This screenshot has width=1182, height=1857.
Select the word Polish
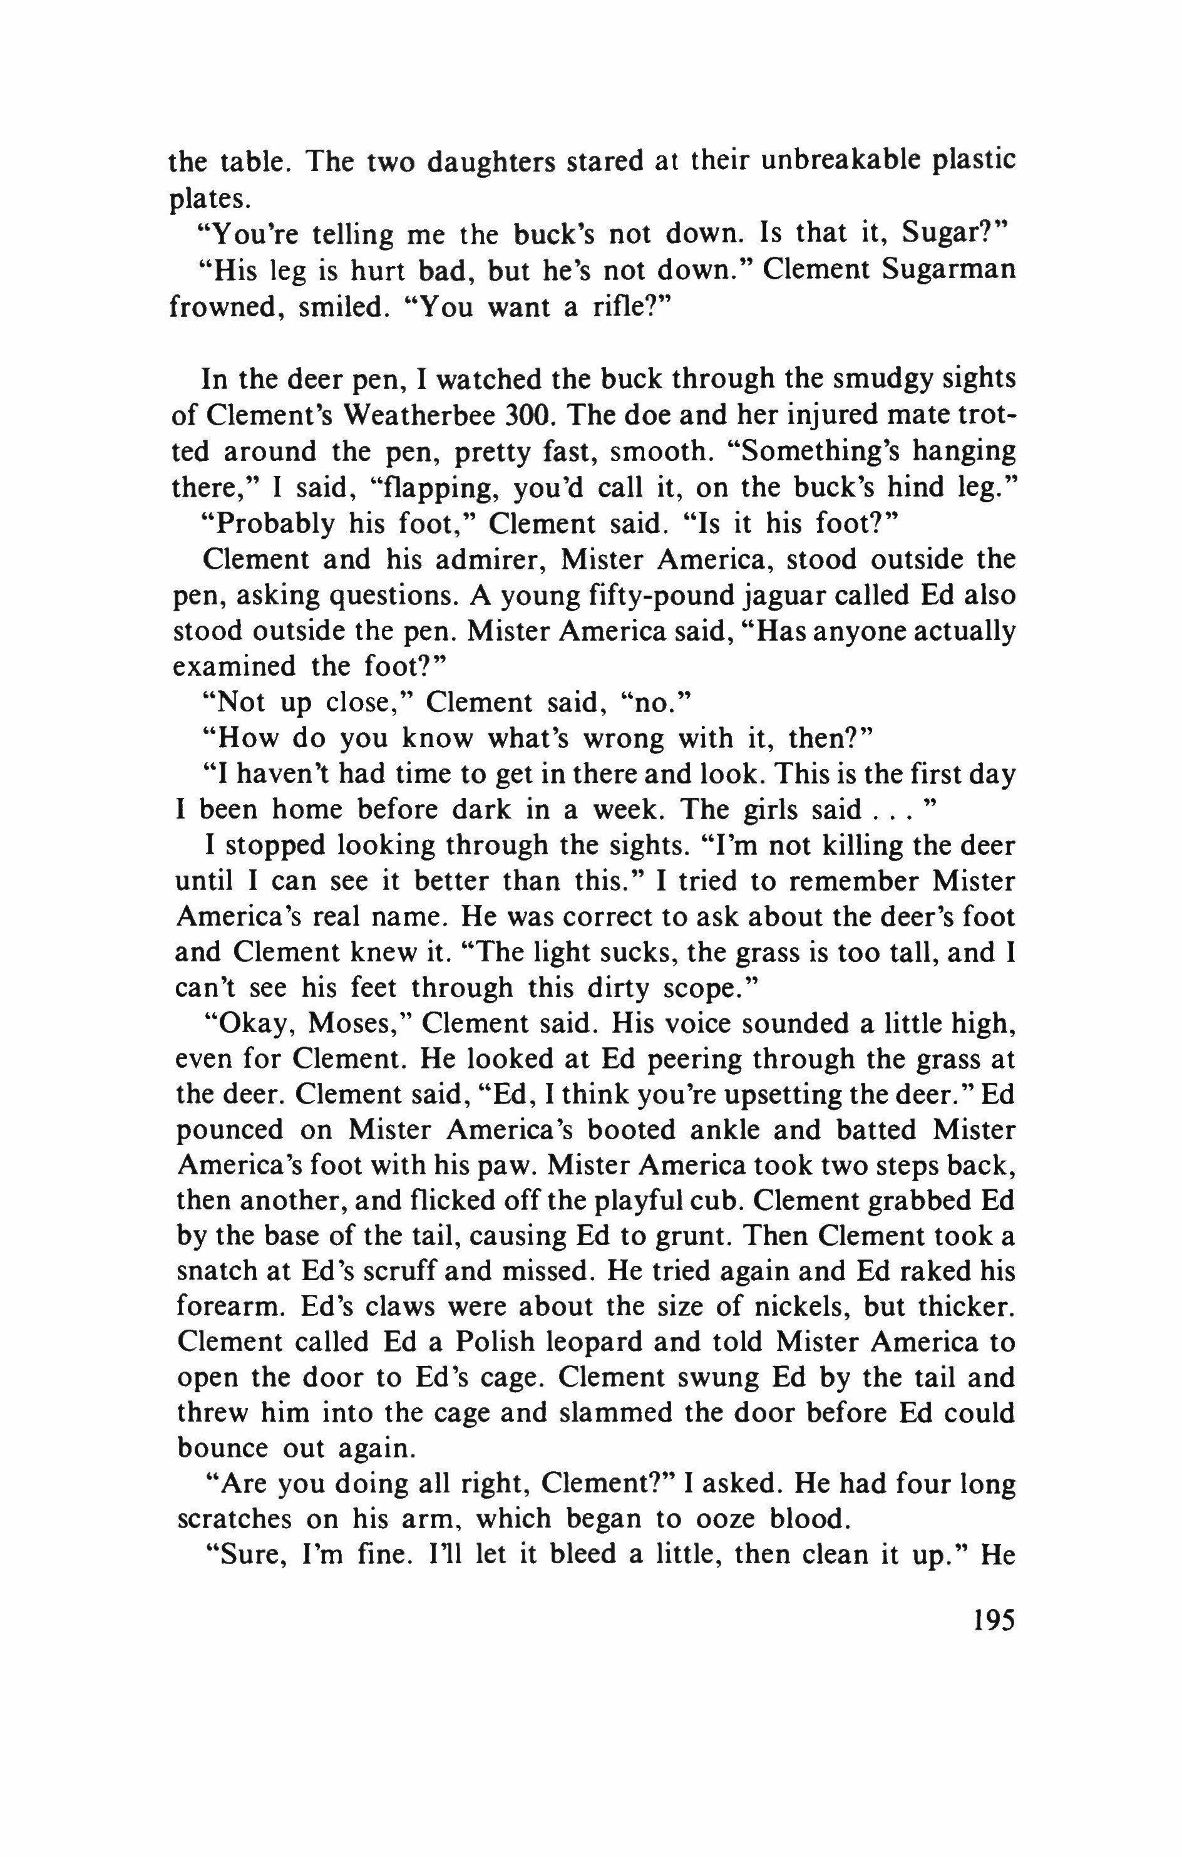pos(494,1342)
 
